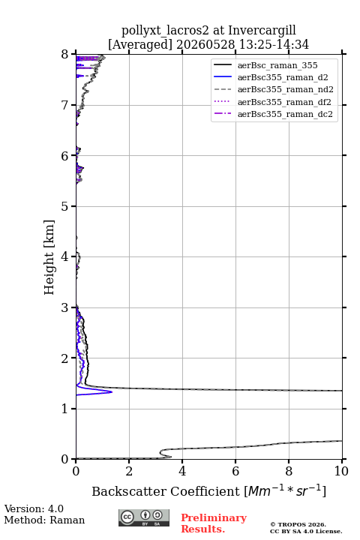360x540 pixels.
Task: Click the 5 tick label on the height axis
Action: pos(65,206)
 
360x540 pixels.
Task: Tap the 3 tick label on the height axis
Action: pos(65,307)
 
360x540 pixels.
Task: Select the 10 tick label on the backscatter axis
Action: pos(341,471)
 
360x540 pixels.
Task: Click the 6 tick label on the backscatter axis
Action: pos(235,471)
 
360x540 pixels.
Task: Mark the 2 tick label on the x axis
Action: pos(129,471)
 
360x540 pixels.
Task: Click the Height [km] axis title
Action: pos(49,257)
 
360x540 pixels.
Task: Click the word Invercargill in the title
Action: pos(262,31)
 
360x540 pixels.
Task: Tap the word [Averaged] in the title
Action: pos(139,45)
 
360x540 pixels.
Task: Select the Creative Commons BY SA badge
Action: pos(144,518)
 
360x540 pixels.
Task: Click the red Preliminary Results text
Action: pos(214,523)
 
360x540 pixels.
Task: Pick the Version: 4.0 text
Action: pos(34,509)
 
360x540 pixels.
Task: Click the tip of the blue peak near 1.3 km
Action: pos(112,392)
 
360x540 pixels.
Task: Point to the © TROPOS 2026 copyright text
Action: pos(298,524)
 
